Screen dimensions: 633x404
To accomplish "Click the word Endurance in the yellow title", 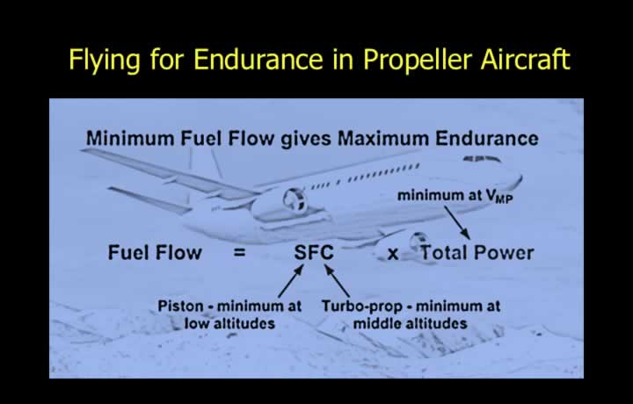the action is point(258,60).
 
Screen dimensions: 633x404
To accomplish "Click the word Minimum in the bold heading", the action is point(130,139).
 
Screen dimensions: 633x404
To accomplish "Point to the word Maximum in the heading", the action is point(383,139).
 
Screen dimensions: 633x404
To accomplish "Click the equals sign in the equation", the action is point(239,253).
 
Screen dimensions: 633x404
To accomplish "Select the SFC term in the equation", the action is point(314,253).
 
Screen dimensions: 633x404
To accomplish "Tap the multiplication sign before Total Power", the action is point(393,254).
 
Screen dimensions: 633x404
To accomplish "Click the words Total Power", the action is point(477,253).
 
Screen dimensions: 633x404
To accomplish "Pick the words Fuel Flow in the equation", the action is point(155,253).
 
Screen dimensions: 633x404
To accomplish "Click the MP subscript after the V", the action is point(504,199).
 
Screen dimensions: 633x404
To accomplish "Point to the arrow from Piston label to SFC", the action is point(291,281).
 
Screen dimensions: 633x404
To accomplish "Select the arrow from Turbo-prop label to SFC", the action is point(337,281).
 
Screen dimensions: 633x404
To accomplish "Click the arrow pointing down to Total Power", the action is point(457,222).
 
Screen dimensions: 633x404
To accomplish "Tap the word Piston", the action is point(180,306).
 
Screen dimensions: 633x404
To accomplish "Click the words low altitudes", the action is point(229,323).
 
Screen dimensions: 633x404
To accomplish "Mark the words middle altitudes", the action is point(411,323).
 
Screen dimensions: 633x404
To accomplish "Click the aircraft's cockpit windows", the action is point(482,159).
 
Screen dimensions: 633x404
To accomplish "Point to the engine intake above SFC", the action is point(295,199).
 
